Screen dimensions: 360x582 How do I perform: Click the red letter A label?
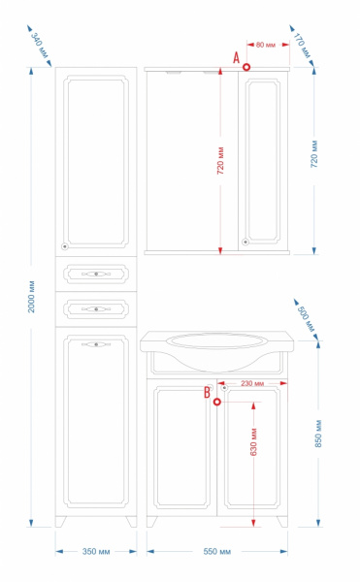point(237,57)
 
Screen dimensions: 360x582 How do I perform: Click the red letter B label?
point(207,392)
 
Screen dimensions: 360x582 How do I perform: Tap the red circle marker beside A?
point(246,67)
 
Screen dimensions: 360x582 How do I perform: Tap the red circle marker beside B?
point(217,402)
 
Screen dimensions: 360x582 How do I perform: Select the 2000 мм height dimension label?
point(31,297)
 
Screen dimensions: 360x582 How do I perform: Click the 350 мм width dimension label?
point(96,552)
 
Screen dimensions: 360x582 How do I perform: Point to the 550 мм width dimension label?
point(217,552)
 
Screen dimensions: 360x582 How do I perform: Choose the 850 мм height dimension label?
point(318,434)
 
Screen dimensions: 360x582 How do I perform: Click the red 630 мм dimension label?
point(254,442)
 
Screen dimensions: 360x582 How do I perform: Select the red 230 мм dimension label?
point(252,383)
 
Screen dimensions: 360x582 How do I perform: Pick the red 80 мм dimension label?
point(266,45)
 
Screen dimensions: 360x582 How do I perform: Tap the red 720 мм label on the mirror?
point(220,161)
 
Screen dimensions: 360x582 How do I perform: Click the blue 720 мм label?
point(314,153)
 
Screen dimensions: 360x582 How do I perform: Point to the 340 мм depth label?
point(40,46)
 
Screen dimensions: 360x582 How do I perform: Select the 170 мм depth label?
point(302,46)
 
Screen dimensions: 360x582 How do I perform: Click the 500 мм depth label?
point(306,319)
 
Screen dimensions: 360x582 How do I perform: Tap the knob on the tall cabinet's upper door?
point(65,246)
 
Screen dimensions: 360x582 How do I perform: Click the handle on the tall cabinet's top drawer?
point(96,274)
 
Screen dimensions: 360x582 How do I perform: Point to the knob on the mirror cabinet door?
point(245,242)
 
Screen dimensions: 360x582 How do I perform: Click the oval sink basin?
point(217,340)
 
